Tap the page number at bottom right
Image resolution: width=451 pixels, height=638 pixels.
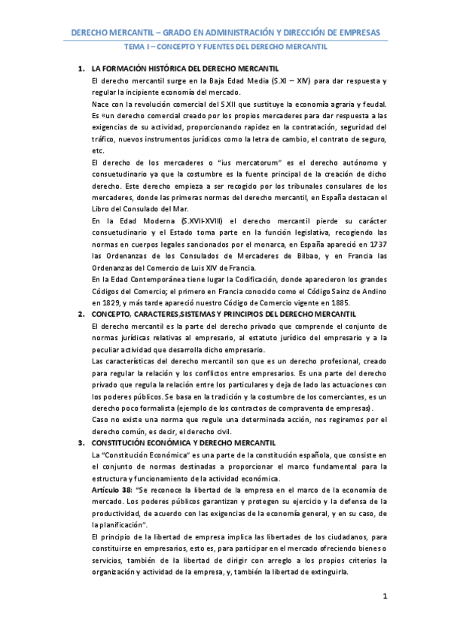point(384,597)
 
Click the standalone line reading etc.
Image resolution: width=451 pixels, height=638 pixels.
point(96,150)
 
